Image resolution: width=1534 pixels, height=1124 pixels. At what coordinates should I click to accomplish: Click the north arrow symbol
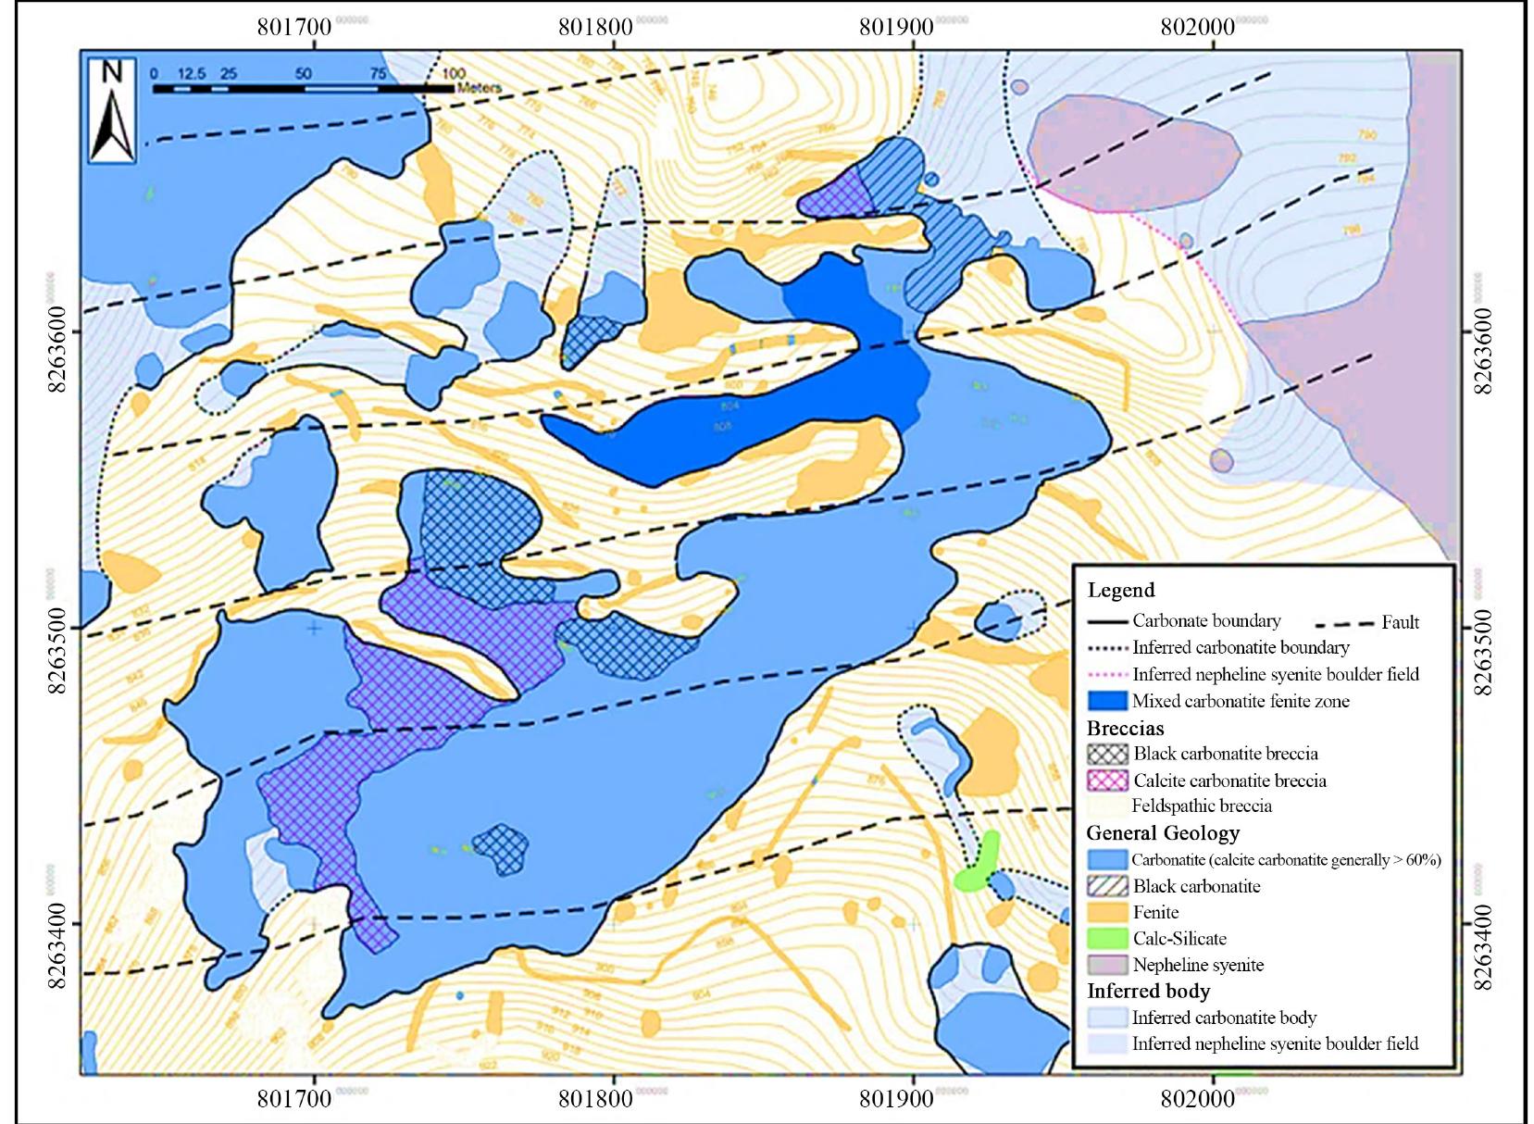point(112,111)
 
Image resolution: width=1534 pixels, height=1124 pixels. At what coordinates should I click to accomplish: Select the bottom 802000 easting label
point(1197,1099)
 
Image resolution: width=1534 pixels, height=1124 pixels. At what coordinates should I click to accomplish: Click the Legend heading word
point(1120,591)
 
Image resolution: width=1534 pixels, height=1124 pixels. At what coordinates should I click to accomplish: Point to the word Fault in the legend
point(1399,622)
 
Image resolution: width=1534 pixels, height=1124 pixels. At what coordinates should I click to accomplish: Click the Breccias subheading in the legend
point(1125,728)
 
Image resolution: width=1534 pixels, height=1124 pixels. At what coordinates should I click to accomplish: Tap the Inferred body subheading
point(1148,991)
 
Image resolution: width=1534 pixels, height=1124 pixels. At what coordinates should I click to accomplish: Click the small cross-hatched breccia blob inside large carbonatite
point(500,848)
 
